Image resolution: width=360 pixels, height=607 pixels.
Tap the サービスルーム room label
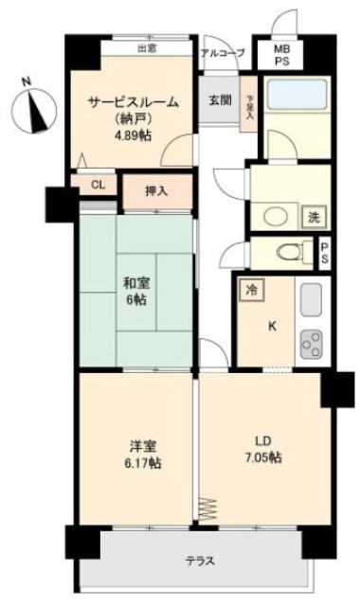click(134, 102)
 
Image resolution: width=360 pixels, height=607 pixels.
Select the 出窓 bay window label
click(147, 49)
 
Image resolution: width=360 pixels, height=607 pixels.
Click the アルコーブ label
click(223, 53)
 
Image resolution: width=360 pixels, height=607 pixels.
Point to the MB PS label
click(281, 55)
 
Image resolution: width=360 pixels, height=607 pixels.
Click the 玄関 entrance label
click(220, 100)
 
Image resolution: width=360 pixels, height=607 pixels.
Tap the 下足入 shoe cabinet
click(249, 104)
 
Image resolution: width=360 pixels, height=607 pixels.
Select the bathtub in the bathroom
click(297, 94)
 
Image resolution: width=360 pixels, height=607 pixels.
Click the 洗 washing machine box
click(314, 217)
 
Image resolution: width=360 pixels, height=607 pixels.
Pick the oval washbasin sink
click(276, 217)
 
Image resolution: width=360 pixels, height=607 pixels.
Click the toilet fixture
click(295, 252)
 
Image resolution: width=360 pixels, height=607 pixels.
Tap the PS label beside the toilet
click(324, 253)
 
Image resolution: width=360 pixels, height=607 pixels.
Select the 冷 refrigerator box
click(252, 290)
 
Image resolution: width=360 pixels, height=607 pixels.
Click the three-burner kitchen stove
click(312, 344)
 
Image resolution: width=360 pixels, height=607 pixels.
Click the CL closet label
click(99, 185)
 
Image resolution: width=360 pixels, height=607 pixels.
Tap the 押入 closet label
click(156, 190)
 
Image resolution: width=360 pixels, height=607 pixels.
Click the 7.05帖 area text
click(263, 457)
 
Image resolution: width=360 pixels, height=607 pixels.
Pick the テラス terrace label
click(200, 561)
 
